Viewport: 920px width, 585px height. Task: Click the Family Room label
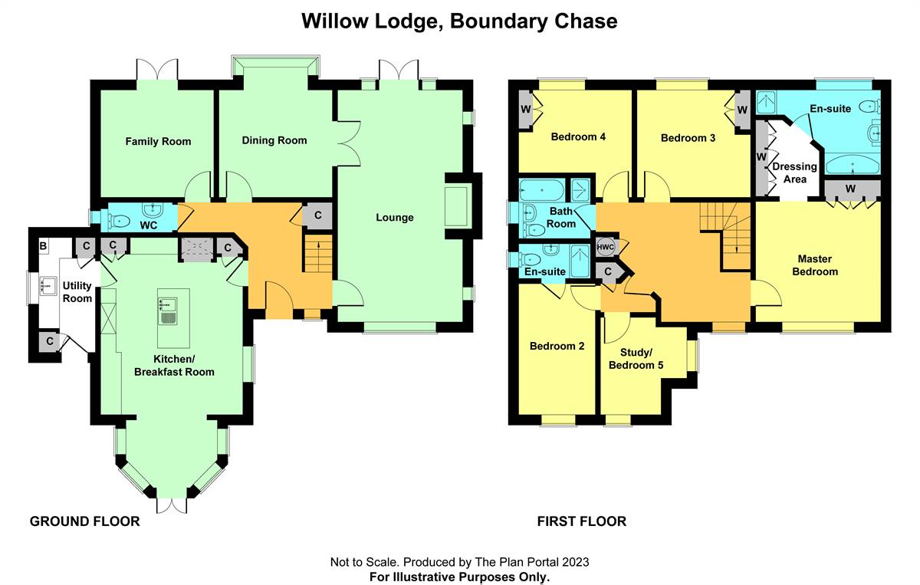tap(158, 141)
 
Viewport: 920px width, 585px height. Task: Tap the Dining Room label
tap(274, 140)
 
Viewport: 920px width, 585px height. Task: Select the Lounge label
tap(394, 217)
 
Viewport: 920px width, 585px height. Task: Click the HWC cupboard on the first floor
tap(605, 247)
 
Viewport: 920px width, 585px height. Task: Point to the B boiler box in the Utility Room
tap(42, 246)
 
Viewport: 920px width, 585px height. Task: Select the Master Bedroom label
tap(814, 265)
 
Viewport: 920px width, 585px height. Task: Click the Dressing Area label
tap(794, 173)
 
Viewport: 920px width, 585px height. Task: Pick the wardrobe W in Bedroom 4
tap(526, 108)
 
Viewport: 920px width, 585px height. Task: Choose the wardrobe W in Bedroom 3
tap(741, 109)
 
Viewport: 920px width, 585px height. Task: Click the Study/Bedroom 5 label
tap(636, 359)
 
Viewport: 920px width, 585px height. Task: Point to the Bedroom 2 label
tap(557, 346)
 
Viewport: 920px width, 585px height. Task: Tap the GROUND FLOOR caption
tap(84, 521)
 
